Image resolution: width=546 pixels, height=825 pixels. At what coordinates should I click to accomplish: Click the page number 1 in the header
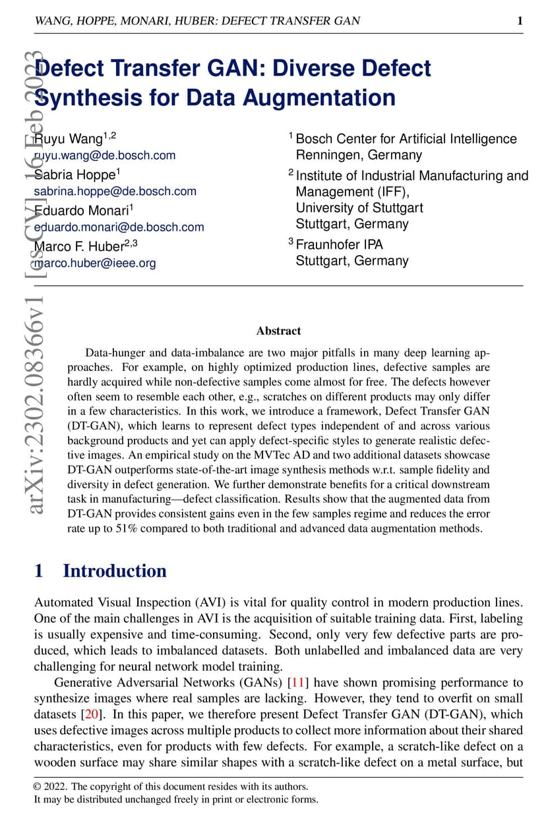pos(520,21)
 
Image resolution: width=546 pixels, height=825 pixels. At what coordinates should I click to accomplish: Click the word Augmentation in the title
pos(319,98)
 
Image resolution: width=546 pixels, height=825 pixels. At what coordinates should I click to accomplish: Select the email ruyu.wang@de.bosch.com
pos(105,156)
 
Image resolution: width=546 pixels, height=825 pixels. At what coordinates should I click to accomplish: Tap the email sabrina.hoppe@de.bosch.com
pos(115,191)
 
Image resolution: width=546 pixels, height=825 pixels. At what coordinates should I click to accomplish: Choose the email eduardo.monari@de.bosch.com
pos(119,227)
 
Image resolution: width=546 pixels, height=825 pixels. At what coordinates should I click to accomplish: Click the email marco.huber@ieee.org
pos(95,263)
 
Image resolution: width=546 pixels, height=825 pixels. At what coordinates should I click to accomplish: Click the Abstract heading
pos(278,331)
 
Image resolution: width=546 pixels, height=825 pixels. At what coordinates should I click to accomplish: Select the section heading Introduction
pos(114,571)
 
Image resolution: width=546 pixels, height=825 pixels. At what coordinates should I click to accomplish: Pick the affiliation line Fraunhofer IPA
pos(339,244)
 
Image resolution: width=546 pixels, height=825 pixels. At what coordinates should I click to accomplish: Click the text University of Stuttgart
pos(359,208)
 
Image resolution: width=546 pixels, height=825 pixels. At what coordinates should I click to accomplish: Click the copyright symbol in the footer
pos(38,787)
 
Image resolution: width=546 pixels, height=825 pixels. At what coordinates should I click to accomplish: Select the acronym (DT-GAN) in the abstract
pos(94,426)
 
